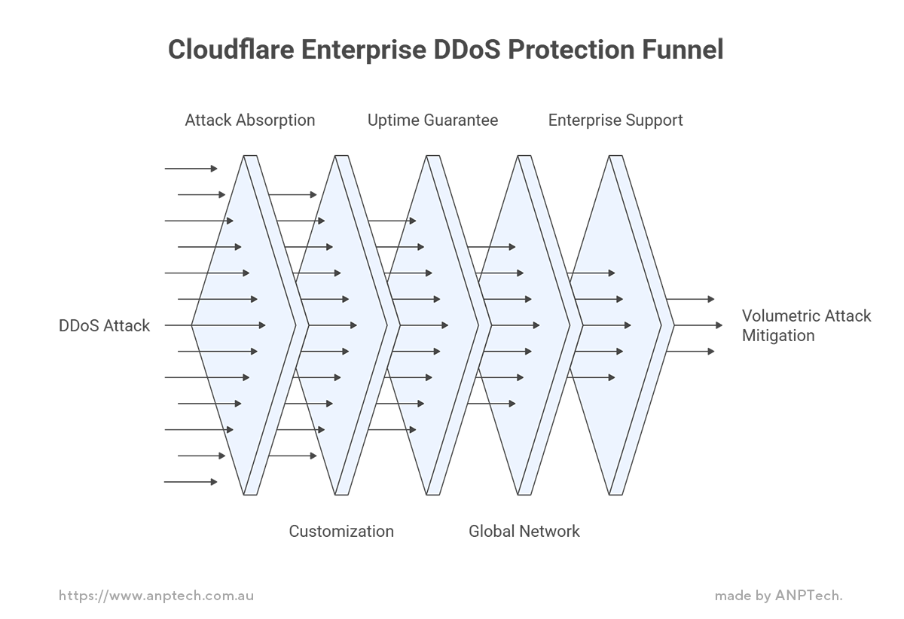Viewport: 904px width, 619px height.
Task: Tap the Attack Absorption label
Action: click(x=250, y=120)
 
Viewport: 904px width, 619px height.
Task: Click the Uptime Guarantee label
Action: click(x=432, y=120)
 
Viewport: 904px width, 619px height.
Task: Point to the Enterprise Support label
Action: click(x=615, y=120)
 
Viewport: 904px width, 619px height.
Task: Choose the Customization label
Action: click(x=341, y=532)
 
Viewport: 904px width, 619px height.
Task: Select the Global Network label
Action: click(x=524, y=532)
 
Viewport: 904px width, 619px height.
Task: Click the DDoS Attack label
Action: click(x=105, y=326)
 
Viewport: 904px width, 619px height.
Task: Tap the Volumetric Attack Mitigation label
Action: click(x=806, y=326)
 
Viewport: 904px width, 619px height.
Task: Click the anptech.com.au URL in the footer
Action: click(x=157, y=596)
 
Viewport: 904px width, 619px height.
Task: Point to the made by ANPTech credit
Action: click(x=779, y=596)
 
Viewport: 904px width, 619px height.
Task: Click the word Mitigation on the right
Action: click(x=778, y=336)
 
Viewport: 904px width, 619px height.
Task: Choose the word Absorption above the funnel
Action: click(x=276, y=120)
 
